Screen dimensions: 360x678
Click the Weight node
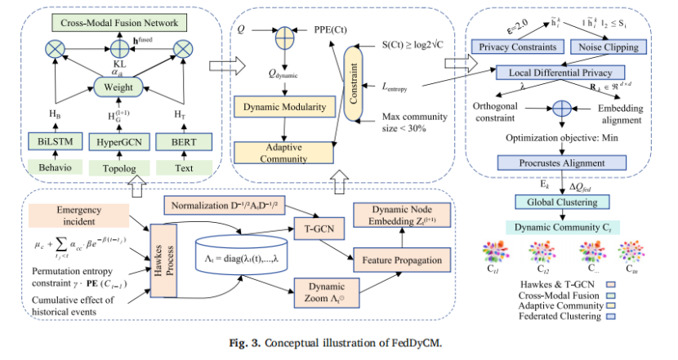[119, 85]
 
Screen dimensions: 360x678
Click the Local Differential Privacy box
[558, 73]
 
